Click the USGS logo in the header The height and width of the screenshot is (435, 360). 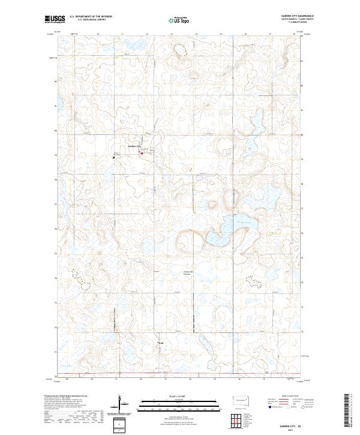(x=54, y=19)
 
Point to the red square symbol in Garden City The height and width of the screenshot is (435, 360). (x=142, y=154)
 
